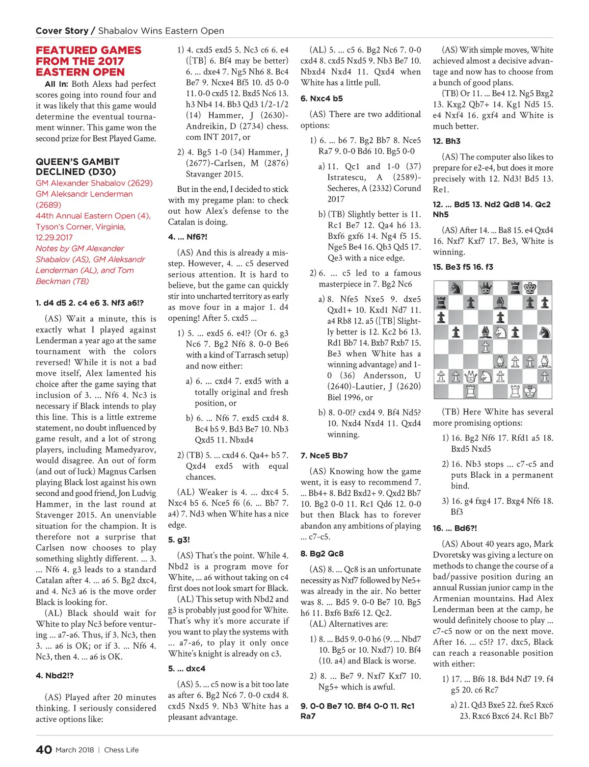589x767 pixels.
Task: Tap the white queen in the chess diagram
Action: [471, 377]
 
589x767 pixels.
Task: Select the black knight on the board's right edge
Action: [544, 332]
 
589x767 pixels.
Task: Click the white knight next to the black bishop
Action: [500, 332]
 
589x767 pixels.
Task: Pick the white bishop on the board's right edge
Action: [544, 362]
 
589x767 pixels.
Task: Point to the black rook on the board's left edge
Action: [441, 303]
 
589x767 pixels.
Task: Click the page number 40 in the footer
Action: [44, 749]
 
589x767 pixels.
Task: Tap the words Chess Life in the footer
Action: [121, 750]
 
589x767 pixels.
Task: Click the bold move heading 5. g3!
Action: [179, 540]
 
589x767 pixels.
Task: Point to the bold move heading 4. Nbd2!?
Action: [54, 675]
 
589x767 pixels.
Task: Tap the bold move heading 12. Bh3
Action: [447, 141]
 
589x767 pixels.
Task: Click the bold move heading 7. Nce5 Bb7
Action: [324, 456]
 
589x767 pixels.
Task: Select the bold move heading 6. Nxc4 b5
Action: [321, 99]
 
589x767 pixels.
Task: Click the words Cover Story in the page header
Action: [62, 31]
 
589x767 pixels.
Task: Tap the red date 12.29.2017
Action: [54, 237]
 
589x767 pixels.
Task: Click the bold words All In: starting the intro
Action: [56, 84]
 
